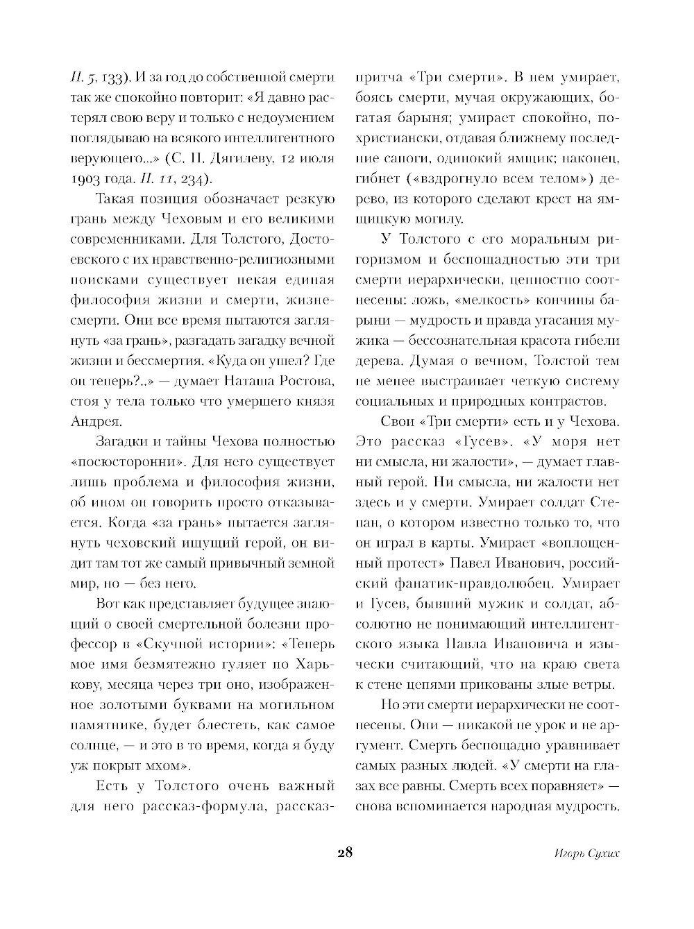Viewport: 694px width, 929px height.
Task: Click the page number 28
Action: (345, 853)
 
